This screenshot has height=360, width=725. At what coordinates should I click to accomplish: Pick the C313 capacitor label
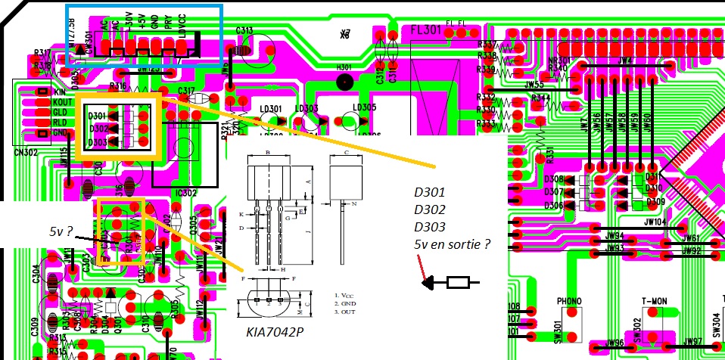(x=244, y=31)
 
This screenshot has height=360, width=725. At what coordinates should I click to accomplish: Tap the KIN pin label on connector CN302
(x=61, y=92)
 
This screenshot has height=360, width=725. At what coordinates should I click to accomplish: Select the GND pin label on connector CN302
(x=61, y=132)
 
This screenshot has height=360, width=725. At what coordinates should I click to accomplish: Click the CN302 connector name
(x=26, y=151)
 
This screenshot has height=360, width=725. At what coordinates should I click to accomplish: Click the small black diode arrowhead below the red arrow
(x=429, y=284)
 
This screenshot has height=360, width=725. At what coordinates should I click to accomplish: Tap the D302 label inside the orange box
(x=98, y=129)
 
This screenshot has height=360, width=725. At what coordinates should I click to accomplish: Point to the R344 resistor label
(x=540, y=98)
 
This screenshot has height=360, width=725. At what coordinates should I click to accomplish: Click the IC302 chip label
(x=186, y=194)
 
